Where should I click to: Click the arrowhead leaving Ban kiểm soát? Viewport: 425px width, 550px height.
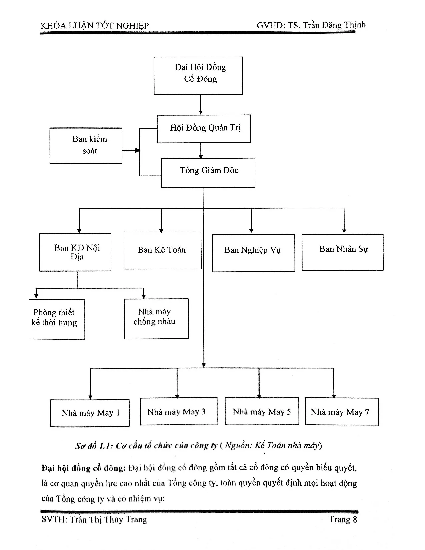pos(137,150)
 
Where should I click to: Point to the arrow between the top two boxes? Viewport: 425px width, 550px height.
pos(200,105)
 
